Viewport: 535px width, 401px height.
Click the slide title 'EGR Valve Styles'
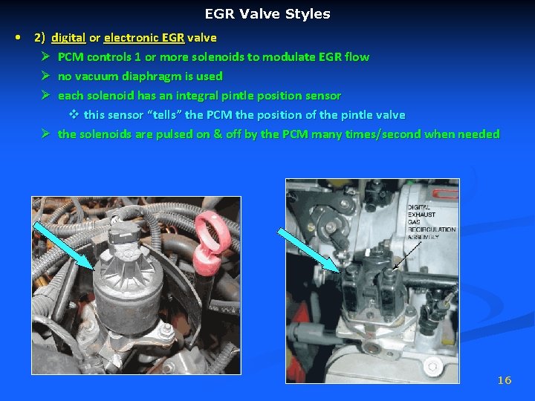coord(267,14)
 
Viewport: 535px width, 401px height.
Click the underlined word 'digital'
coord(68,37)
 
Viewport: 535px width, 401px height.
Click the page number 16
coord(505,380)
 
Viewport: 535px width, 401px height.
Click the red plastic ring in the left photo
coord(203,237)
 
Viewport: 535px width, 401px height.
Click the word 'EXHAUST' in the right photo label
coord(421,215)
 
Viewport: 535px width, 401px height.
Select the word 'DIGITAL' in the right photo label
coord(419,207)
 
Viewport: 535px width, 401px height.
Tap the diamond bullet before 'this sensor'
coord(74,114)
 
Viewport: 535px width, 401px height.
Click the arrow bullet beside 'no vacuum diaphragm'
coord(45,76)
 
